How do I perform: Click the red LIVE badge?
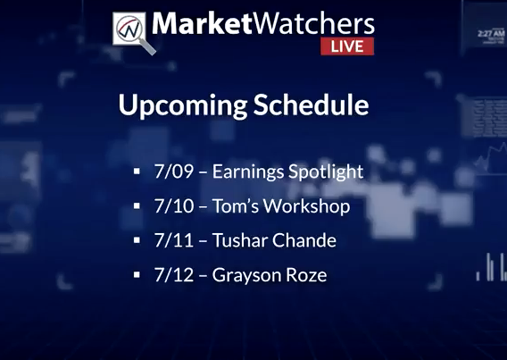point(347,46)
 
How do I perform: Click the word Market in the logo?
point(202,23)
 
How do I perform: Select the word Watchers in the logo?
point(313,23)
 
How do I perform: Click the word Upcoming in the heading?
point(183,105)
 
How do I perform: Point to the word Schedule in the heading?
point(311,105)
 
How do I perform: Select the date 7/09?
point(174,172)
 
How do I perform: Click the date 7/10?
point(174,205)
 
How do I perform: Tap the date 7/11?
point(174,240)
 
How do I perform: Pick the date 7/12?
point(174,275)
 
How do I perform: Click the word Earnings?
point(247,172)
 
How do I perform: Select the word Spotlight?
point(326,172)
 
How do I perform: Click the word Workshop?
point(306,206)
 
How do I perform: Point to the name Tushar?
point(239,240)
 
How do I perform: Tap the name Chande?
point(304,240)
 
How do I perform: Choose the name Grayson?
point(246,276)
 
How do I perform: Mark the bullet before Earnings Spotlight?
point(137,172)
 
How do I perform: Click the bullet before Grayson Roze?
point(137,275)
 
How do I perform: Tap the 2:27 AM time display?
point(491,33)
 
